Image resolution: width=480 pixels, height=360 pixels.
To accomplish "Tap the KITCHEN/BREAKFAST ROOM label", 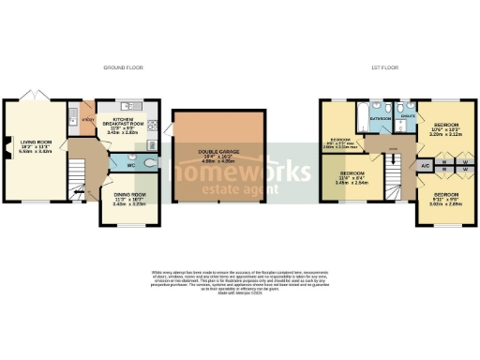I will (x=129, y=126).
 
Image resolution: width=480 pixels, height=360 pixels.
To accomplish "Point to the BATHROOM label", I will (x=380, y=120).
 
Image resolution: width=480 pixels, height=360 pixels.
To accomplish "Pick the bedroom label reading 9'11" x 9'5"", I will (x=445, y=199).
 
